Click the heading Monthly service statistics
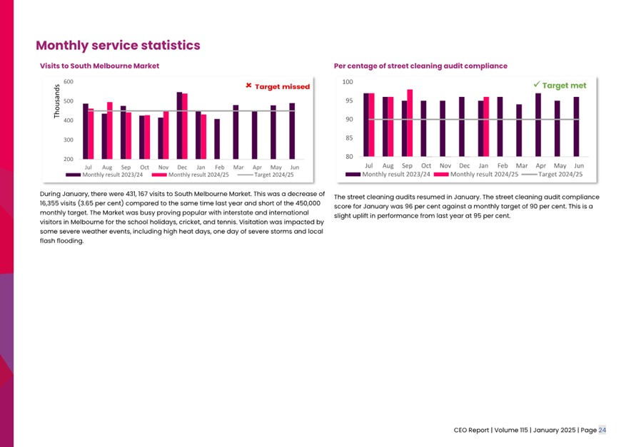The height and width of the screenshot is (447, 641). (118, 46)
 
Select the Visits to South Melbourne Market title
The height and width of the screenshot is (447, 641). (99, 66)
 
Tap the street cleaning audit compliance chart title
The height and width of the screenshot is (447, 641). (420, 66)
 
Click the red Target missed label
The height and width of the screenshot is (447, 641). (278, 86)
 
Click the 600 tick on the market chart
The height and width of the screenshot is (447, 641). (69, 82)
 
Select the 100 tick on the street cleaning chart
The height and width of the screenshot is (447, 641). (348, 82)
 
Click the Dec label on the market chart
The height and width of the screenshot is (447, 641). (182, 168)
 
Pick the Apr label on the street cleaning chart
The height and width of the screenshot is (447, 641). (540, 165)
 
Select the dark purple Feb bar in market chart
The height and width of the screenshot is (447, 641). (217, 139)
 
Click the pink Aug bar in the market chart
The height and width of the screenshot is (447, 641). (110, 130)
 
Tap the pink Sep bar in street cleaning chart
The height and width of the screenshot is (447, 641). (410, 123)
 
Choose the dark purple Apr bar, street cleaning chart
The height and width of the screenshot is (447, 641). (538, 125)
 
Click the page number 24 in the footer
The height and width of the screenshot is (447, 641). (602, 430)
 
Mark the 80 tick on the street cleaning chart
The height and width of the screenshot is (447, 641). (349, 157)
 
